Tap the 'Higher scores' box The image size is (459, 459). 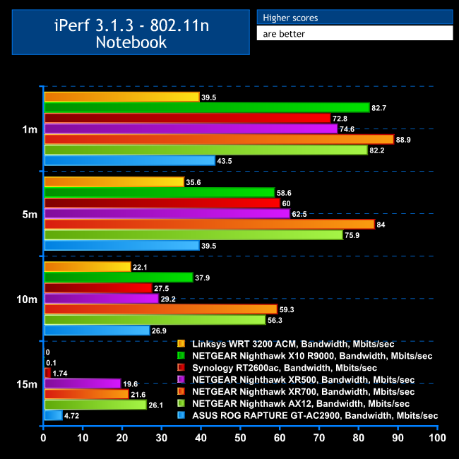click(x=354, y=17)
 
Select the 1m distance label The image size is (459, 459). click(x=30, y=129)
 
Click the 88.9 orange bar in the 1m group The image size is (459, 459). click(x=219, y=139)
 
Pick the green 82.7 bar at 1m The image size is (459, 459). click(x=207, y=107)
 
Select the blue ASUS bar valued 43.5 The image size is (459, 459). click(x=130, y=161)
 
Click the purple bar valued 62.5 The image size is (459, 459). click(x=167, y=213)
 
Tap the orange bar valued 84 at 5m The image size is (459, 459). click(x=209, y=224)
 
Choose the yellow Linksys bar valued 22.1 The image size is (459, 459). click(x=88, y=266)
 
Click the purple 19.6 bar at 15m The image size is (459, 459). click(x=82, y=383)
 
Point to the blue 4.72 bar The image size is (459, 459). click(x=53, y=415)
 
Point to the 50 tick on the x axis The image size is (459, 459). click(x=241, y=439)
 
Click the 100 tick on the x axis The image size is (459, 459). click(x=437, y=439)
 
